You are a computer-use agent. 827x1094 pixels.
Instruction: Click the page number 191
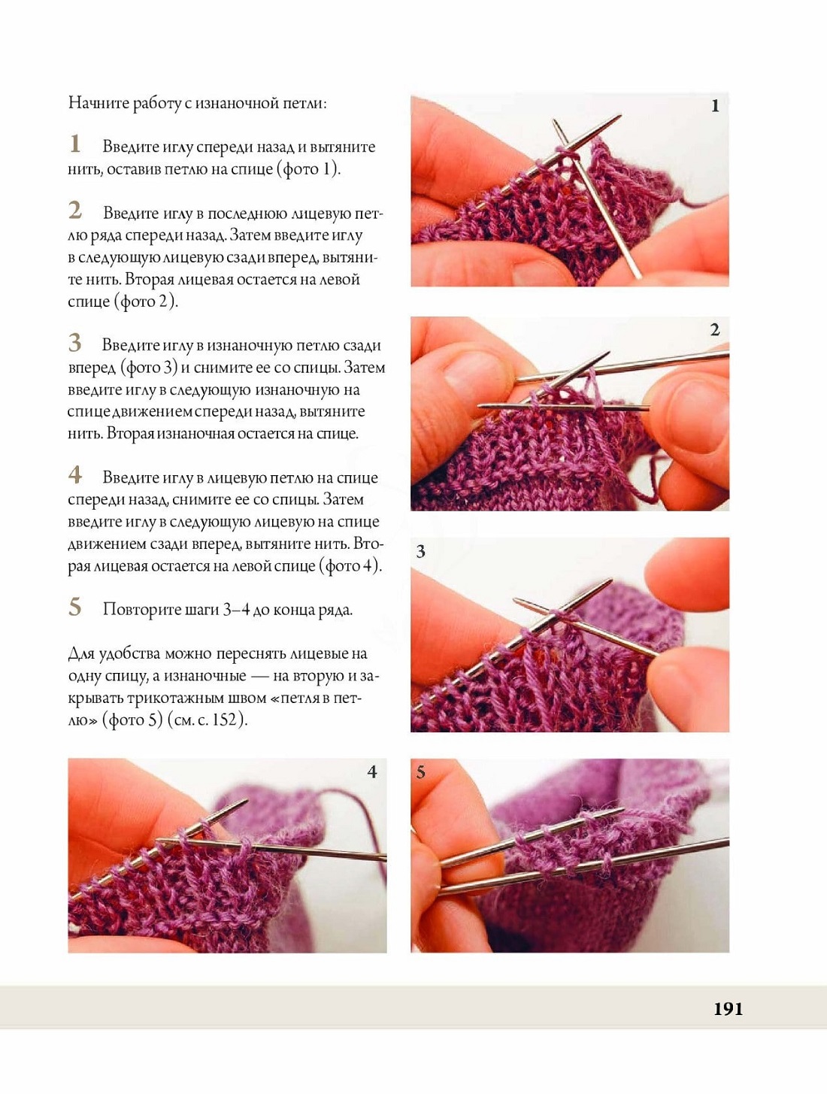[x=728, y=1008]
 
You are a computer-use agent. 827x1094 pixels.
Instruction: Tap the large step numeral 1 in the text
[x=74, y=144]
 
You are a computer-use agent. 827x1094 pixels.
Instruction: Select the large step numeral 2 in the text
[x=74, y=210]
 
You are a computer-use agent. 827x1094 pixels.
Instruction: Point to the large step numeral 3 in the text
[x=74, y=342]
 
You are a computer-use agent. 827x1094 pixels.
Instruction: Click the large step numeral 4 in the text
[x=74, y=474]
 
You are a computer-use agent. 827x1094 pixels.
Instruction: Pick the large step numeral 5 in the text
[x=74, y=607]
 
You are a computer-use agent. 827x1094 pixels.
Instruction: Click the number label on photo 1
[x=715, y=106]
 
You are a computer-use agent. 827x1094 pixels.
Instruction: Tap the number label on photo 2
[x=715, y=329]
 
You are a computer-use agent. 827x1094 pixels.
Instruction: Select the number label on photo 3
[x=421, y=551]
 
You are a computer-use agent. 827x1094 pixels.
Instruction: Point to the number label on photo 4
[x=372, y=772]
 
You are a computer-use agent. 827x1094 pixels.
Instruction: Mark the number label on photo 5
[x=421, y=772]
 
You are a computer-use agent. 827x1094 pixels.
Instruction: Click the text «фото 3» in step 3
[x=149, y=368]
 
